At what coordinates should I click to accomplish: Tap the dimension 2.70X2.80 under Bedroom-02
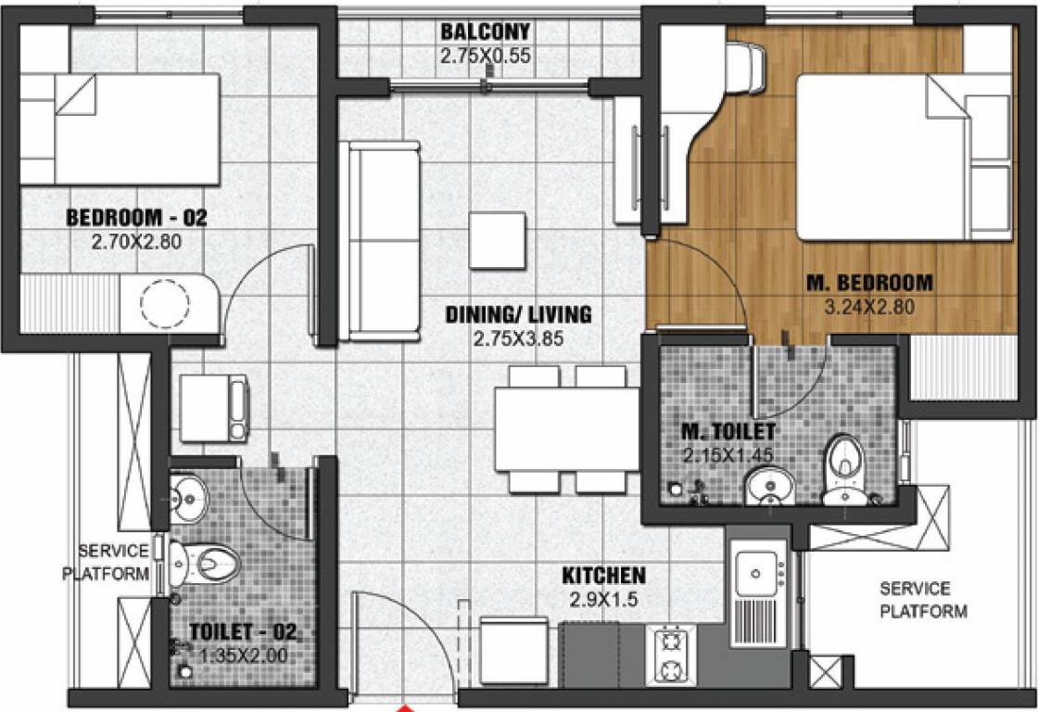[135, 242]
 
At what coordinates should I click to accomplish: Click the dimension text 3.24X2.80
[870, 306]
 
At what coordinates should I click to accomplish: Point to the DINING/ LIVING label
[518, 315]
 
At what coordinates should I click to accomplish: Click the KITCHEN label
[603, 576]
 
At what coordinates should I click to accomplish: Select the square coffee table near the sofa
[498, 239]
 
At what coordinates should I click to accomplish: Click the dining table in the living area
[566, 429]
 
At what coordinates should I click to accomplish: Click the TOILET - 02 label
[243, 632]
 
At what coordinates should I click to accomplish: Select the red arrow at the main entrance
[403, 707]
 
